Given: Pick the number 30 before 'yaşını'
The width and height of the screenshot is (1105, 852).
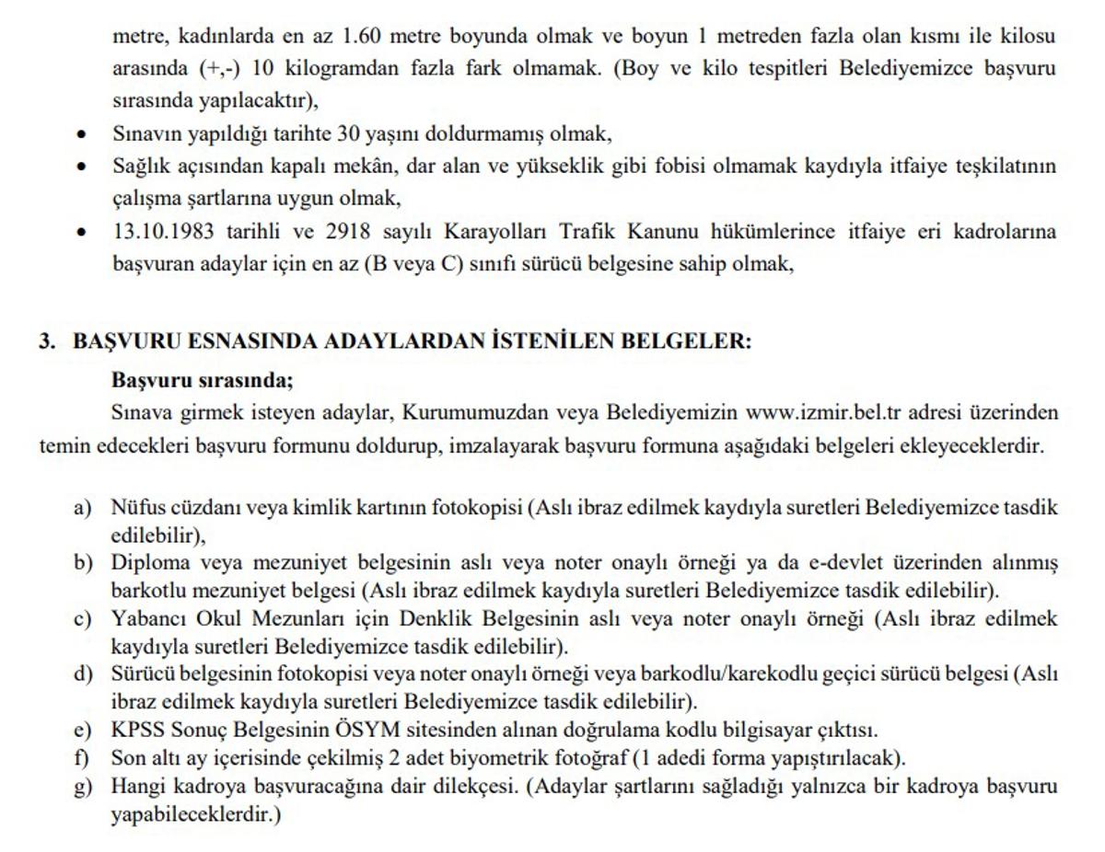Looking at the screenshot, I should [349, 133].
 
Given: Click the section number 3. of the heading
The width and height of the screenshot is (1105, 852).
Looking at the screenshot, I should [48, 341].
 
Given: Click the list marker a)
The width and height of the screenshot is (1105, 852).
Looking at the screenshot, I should [84, 507].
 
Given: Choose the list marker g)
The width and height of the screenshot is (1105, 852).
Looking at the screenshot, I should [84, 787].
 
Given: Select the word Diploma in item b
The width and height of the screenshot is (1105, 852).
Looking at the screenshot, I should [150, 562].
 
